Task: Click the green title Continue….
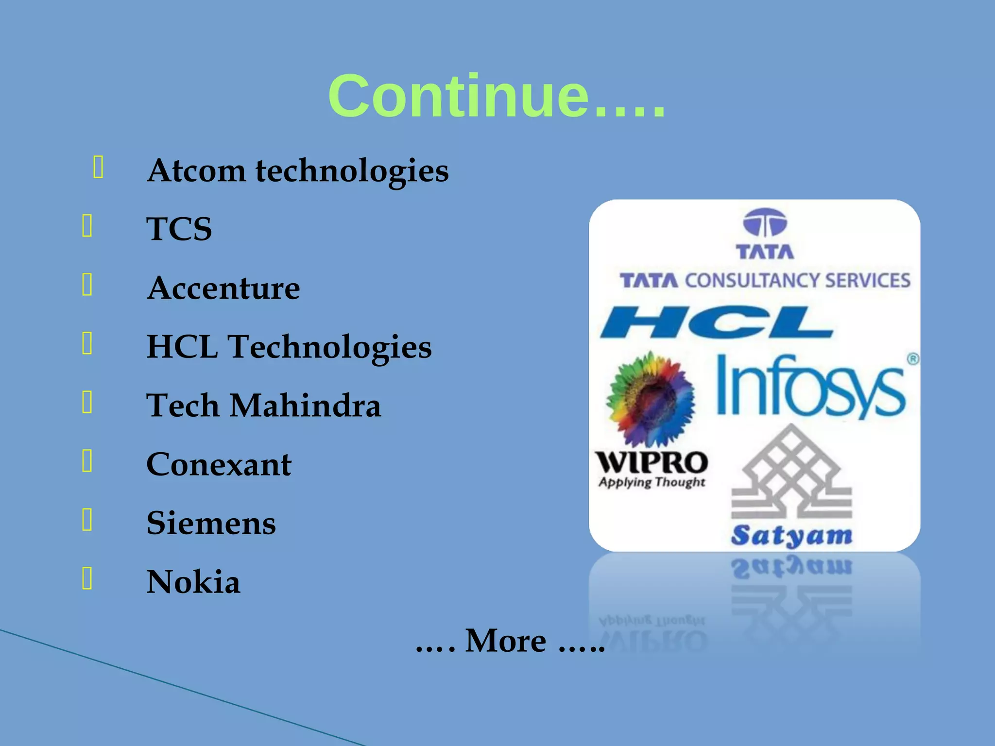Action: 497,96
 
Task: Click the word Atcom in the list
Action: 196,171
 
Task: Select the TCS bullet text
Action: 179,229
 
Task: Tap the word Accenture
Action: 223,288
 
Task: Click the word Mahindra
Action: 305,406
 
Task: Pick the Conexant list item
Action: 219,464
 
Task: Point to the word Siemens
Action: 211,523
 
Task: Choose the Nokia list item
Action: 193,582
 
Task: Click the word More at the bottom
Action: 505,641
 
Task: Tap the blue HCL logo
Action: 717,322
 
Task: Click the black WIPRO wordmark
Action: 652,462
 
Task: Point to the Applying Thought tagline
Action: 652,482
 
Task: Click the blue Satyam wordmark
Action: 791,536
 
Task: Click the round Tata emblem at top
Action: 765,222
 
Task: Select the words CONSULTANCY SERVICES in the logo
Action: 797,281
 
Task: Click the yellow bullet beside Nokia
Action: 87,578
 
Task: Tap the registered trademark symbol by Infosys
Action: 913,359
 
